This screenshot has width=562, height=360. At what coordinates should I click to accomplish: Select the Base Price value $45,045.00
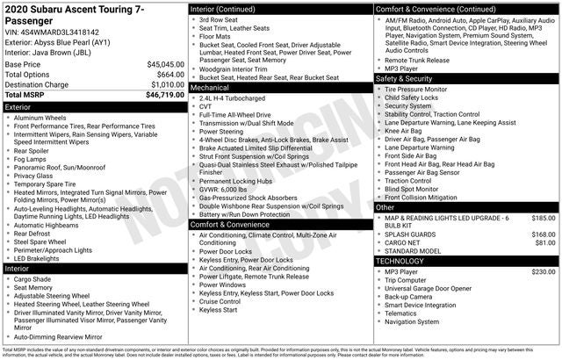[x=165, y=65]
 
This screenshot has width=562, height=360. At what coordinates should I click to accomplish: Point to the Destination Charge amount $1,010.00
[x=165, y=84]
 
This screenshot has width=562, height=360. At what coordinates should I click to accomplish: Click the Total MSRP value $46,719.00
[x=165, y=94]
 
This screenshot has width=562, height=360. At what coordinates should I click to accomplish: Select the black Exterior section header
[x=94, y=106]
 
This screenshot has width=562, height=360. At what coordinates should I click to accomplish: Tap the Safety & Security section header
[x=466, y=78]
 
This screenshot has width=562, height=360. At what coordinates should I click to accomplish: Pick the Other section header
[x=466, y=206]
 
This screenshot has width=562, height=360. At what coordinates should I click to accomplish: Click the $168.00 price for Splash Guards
[x=544, y=234]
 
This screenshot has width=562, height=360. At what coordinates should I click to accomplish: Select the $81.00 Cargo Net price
[x=545, y=243]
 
